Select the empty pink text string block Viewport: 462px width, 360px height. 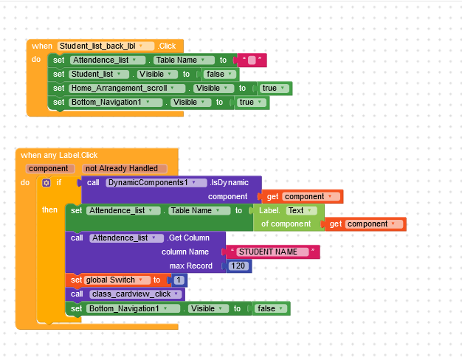250,60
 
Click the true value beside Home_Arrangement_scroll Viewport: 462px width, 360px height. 272,89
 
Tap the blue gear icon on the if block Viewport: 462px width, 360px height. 46,182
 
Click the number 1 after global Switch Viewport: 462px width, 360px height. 177,280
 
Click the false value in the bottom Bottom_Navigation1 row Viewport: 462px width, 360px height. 270,308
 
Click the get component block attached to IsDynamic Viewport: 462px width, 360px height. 303,196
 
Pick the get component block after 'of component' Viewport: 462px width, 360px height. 365,224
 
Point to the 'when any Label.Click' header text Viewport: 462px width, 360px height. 59,155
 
